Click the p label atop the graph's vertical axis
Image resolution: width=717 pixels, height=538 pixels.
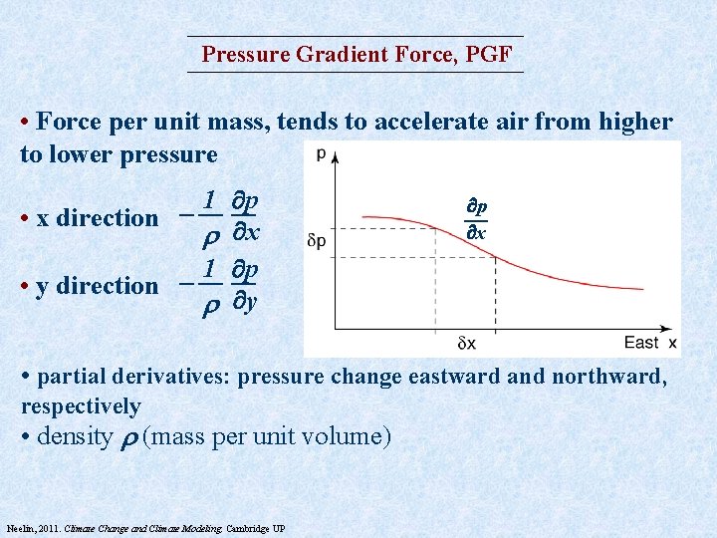[320, 153]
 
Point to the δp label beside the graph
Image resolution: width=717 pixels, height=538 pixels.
[317, 241]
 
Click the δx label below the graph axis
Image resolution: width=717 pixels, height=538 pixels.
[466, 344]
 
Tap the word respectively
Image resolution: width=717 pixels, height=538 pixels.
[81, 406]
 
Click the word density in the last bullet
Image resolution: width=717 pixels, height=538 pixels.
[73, 436]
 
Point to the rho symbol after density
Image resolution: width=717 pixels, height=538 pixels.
[128, 438]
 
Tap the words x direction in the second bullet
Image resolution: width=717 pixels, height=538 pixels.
[98, 218]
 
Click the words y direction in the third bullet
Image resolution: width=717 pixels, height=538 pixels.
[98, 286]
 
